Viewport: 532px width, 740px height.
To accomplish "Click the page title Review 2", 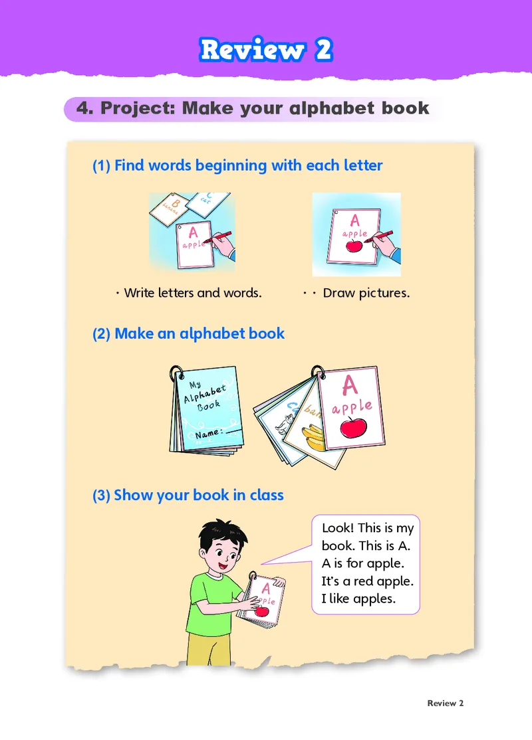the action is (266, 50).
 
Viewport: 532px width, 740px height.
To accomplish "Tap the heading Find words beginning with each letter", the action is (237, 165).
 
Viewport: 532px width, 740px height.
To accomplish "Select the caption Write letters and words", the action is (193, 293).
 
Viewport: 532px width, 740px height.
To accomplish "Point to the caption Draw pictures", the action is (366, 293).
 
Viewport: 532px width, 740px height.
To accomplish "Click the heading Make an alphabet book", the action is (188, 333).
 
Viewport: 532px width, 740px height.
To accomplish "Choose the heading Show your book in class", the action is (188, 495).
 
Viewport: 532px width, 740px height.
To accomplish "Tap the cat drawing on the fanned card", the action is (285, 423).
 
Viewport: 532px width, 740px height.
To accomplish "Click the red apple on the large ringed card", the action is (353, 427).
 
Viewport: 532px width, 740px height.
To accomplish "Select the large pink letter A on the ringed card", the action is (350, 385).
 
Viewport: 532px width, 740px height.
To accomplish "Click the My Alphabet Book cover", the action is (206, 409).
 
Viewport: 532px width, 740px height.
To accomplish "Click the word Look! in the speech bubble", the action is (337, 527).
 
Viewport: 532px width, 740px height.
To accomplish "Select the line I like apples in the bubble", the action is (358, 599).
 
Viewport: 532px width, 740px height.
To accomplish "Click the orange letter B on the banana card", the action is (176, 203).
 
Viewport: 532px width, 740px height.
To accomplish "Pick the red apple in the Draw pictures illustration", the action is (354, 245).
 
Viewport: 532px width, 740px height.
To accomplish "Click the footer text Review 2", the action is (446, 703).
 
